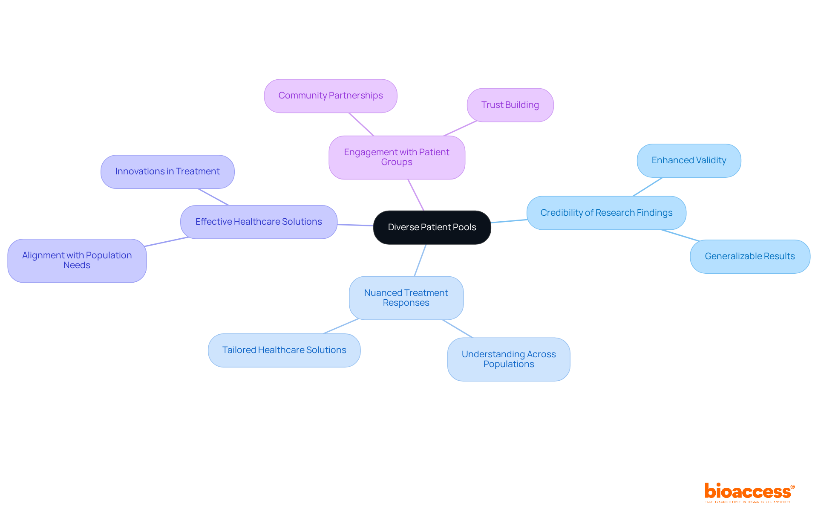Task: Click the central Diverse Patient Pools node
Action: click(432, 227)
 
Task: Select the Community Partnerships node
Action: click(331, 96)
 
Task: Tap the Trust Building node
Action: click(510, 105)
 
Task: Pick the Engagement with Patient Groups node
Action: click(397, 157)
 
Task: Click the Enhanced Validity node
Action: click(689, 161)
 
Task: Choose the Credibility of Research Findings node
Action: click(606, 213)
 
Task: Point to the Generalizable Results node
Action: click(750, 256)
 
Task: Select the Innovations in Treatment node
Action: click(167, 172)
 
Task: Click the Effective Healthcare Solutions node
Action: click(259, 222)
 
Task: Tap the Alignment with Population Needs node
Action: click(77, 260)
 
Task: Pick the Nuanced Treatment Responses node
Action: click(406, 298)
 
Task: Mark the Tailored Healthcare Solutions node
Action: click(284, 350)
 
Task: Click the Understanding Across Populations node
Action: click(509, 359)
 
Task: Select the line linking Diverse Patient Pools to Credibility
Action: click(509, 221)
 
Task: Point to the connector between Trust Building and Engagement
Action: click(460, 128)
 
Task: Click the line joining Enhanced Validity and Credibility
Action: click(648, 187)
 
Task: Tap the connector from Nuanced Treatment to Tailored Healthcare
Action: click(341, 326)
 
